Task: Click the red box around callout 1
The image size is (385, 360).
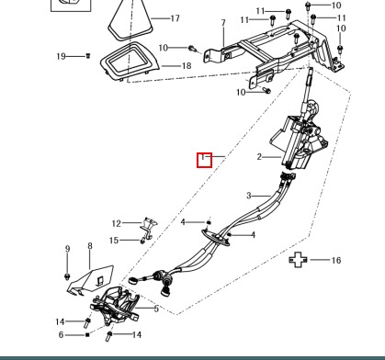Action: (204, 160)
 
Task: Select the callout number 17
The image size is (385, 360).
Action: (175, 18)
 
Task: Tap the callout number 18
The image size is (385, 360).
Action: (187, 66)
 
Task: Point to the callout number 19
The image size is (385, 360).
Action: (62, 56)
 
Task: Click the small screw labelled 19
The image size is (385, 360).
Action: (88, 56)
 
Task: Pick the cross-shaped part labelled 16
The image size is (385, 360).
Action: (298, 260)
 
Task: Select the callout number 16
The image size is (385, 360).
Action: (336, 260)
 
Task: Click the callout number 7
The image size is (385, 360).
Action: (223, 23)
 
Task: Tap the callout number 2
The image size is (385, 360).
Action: (259, 157)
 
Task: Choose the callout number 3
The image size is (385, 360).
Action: (249, 196)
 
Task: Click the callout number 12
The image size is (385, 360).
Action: (117, 223)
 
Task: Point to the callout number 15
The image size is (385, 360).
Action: (114, 241)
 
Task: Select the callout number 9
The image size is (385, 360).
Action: (68, 249)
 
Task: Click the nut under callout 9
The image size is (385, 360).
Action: (67, 276)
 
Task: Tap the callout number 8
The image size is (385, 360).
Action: (90, 246)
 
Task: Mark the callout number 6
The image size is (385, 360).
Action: (61, 335)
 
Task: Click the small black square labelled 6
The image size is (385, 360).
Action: (87, 334)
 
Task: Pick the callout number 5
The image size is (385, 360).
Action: (156, 309)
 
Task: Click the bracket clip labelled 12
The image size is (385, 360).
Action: (149, 228)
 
